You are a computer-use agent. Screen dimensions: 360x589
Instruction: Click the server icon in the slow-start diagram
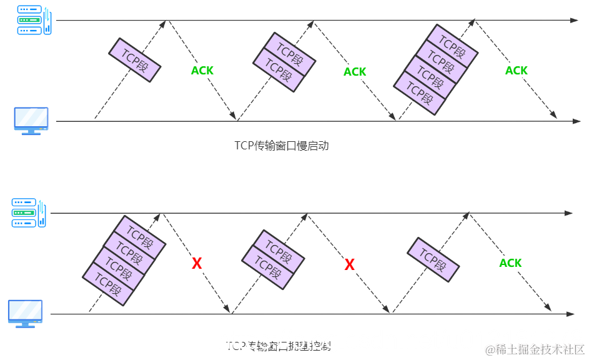pyautogui.click(x=32, y=21)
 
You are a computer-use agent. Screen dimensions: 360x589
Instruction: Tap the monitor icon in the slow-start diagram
pyautogui.click(x=31, y=121)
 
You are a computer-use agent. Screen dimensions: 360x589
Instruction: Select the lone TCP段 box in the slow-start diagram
pyautogui.click(x=135, y=60)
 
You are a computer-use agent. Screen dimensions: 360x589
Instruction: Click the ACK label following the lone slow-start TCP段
pyautogui.click(x=202, y=71)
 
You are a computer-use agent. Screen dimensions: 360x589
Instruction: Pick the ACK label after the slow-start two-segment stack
pyautogui.click(x=355, y=72)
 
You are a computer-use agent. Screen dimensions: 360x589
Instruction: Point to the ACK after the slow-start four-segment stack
pyautogui.click(x=517, y=71)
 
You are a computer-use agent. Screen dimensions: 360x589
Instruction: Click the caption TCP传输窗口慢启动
pyautogui.click(x=282, y=146)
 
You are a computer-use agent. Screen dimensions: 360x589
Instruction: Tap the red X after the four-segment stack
pyautogui.click(x=197, y=264)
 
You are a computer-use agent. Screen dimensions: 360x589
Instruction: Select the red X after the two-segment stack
pyautogui.click(x=350, y=265)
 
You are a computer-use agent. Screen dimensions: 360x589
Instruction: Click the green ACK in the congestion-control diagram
pyautogui.click(x=510, y=263)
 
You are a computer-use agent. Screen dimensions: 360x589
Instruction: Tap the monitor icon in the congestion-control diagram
pyautogui.click(x=25, y=313)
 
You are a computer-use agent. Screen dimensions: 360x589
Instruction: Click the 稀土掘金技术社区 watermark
pyautogui.click(x=535, y=349)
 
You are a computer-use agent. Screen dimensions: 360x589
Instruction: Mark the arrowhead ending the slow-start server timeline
pyautogui.click(x=574, y=21)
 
